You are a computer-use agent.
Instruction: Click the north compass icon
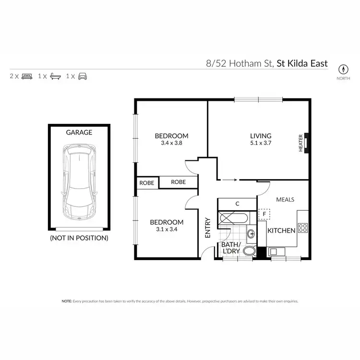point(343,68)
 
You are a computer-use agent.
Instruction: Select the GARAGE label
point(79,132)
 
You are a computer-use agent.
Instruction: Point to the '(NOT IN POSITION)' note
point(79,238)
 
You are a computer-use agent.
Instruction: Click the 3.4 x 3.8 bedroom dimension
point(171,143)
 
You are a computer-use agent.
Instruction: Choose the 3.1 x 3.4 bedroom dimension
point(167,229)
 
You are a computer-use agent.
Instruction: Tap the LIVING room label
point(261,136)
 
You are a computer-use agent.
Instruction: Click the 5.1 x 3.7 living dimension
point(261,143)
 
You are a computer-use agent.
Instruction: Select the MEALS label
point(285,199)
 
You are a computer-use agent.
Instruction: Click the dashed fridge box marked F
point(264,214)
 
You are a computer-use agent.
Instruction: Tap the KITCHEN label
point(281,231)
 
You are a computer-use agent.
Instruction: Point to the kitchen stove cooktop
point(303,227)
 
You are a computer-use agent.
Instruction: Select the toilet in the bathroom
point(249,251)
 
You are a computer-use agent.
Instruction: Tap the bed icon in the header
point(26,76)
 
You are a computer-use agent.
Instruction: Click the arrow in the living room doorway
point(230,180)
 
